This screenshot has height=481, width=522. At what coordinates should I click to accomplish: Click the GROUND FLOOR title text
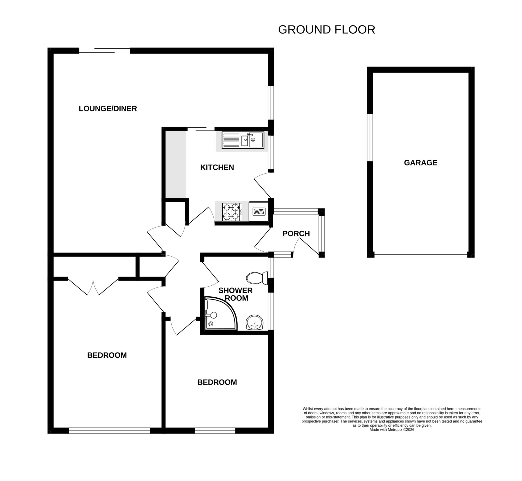(x=327, y=30)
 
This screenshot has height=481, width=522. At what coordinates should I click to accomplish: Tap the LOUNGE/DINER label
(x=108, y=109)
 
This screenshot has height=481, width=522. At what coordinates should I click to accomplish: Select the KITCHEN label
(x=217, y=167)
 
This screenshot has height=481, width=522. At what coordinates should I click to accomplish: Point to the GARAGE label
(x=420, y=163)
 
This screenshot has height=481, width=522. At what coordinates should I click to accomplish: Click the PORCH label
(x=296, y=233)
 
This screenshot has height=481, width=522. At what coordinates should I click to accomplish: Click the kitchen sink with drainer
(x=243, y=140)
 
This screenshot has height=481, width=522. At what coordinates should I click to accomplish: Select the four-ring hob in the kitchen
(x=232, y=212)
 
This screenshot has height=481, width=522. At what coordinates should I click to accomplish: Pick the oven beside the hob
(x=258, y=211)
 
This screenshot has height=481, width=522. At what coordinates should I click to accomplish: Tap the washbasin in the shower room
(x=255, y=323)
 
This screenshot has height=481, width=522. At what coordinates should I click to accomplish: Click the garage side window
(x=370, y=137)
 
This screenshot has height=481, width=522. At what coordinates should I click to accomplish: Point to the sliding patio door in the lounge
(x=104, y=50)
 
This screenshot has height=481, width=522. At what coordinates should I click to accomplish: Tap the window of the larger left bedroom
(x=109, y=431)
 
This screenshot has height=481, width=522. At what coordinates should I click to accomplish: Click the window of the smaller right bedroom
(x=215, y=431)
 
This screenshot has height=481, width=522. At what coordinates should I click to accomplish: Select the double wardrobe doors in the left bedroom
(x=93, y=286)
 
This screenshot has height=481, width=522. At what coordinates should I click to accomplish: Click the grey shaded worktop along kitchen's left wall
(x=176, y=164)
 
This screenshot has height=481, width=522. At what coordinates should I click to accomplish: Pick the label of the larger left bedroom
(x=107, y=355)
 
